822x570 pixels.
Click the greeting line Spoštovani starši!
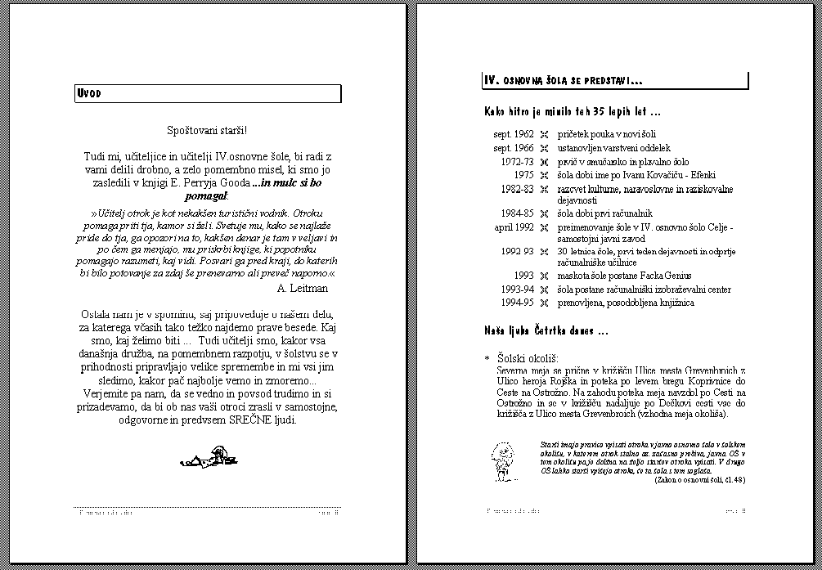(206, 130)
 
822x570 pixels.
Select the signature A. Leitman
(303, 288)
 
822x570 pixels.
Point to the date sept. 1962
(514, 134)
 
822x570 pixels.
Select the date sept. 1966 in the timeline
(514, 148)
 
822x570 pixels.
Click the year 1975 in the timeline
(523, 175)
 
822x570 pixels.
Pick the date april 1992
(514, 227)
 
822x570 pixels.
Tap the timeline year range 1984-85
(517, 213)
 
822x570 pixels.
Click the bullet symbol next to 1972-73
(544, 162)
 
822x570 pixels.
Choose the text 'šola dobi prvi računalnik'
(606, 213)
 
